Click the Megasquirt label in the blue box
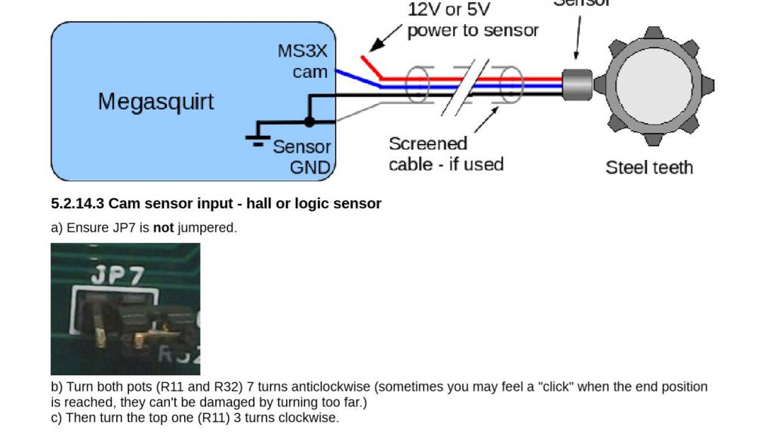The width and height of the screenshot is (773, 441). (x=156, y=101)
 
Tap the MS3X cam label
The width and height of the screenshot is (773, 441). (x=303, y=62)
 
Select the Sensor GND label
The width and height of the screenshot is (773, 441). (x=302, y=156)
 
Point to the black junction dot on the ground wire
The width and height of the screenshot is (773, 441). (x=308, y=121)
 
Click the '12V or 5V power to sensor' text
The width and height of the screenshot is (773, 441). (x=473, y=20)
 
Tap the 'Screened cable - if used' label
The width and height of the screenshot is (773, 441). (x=445, y=153)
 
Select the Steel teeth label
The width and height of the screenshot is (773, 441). (x=648, y=167)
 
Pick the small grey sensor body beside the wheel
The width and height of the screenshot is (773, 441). (x=577, y=84)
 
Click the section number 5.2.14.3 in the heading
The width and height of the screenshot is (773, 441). (x=78, y=204)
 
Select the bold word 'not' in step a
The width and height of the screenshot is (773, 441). (x=163, y=227)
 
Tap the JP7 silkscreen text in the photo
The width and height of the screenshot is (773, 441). (x=116, y=276)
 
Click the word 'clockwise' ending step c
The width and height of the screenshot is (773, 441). (x=311, y=418)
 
